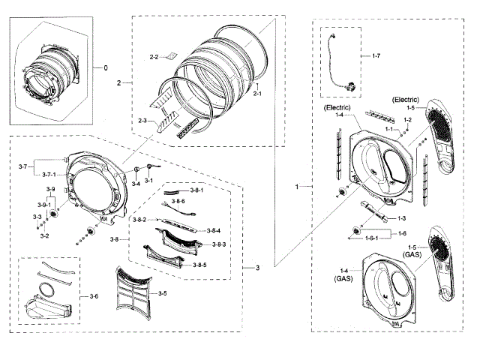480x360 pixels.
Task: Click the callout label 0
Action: (106, 67)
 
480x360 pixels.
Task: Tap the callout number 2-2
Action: (154, 57)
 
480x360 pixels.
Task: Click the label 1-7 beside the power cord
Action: (376, 56)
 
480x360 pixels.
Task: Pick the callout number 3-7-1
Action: (48, 175)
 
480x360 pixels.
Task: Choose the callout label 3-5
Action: (162, 292)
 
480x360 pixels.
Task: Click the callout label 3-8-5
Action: (199, 265)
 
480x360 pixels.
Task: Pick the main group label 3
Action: (257, 268)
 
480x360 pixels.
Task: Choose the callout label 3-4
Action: (136, 183)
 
